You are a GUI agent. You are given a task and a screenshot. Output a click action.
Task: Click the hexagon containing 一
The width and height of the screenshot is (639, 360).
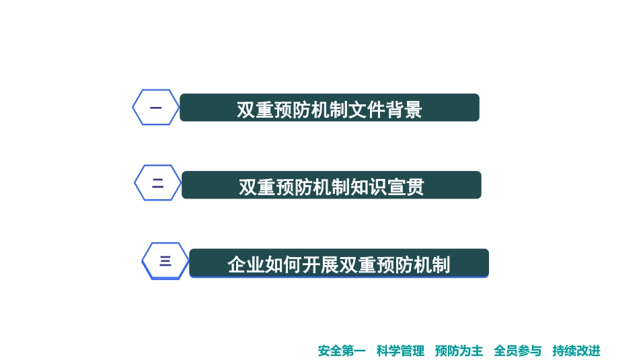click(x=155, y=107)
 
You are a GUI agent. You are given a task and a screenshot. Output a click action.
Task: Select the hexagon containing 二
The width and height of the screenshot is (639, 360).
click(x=158, y=183)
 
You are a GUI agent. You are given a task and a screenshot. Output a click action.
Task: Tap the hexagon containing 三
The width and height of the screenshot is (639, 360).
click(x=165, y=261)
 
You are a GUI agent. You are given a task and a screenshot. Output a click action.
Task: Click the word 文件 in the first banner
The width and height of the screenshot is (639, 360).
click(x=367, y=110)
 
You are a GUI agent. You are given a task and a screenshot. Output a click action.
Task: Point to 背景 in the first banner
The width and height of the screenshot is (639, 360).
click(x=404, y=110)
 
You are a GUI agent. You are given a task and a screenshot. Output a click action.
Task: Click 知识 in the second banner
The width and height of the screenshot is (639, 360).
click(x=369, y=187)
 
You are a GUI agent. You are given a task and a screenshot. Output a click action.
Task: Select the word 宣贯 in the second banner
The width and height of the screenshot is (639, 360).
click(x=406, y=187)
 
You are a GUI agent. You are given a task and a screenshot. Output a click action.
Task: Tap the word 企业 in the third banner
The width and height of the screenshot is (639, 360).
click(x=246, y=264)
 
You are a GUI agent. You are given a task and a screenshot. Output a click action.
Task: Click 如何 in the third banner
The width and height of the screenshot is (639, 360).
click(x=283, y=264)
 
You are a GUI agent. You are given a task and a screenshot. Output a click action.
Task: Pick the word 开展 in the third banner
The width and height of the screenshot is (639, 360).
click(x=320, y=264)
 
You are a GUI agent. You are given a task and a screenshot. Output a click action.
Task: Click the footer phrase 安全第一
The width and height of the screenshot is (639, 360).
click(x=342, y=351)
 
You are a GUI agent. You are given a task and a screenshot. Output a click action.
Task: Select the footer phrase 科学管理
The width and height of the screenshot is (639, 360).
click(x=400, y=351)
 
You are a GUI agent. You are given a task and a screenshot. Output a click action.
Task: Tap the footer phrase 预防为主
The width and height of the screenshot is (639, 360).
click(x=459, y=351)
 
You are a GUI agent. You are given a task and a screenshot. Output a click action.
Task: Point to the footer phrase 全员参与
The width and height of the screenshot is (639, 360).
click(x=517, y=351)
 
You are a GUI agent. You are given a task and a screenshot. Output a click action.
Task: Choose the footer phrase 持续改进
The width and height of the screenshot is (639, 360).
click(x=576, y=351)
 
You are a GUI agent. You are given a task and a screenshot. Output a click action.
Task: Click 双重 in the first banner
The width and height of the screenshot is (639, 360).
click(x=256, y=110)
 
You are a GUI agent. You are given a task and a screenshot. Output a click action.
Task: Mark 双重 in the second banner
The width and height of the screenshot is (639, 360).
click(x=258, y=187)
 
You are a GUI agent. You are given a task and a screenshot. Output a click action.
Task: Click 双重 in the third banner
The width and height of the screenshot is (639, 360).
click(x=357, y=264)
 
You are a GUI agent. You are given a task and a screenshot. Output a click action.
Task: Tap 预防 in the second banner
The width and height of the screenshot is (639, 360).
click(x=295, y=187)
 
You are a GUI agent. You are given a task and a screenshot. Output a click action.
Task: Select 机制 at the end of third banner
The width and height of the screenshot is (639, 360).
click(x=431, y=264)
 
